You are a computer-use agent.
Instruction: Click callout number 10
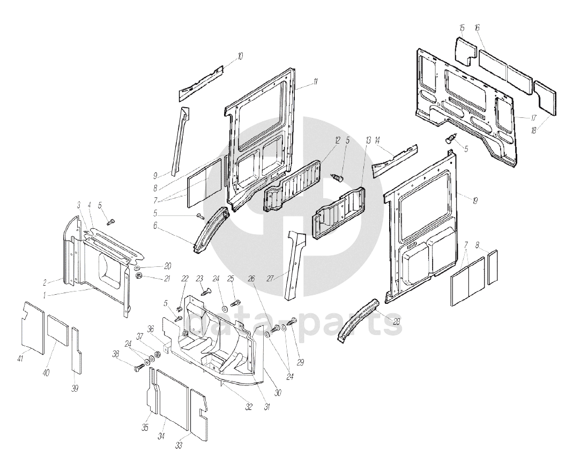[240, 56]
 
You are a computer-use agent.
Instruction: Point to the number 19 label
[474, 200]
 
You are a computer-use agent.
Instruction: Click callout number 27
[270, 278]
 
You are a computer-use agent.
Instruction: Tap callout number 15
[462, 28]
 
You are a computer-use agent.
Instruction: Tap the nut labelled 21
[138, 277]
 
